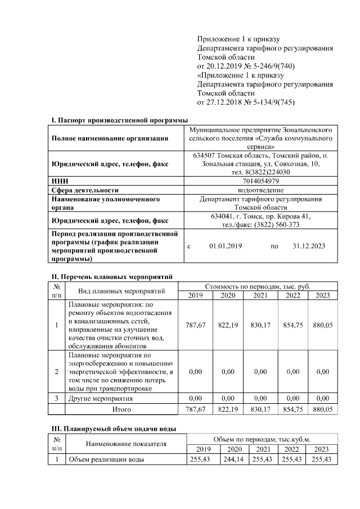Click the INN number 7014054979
[260, 181]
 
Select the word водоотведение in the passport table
[260, 190]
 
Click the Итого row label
[121, 409]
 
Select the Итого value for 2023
[322, 409]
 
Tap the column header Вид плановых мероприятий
[121, 291]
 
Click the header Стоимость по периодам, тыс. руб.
[258, 286]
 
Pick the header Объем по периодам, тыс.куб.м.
[262, 439]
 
